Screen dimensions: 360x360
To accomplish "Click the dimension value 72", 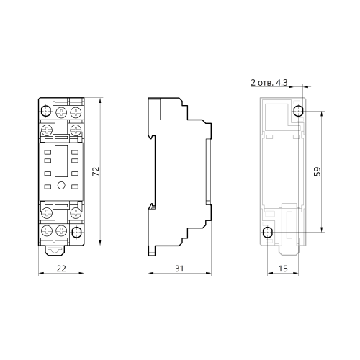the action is [96, 171].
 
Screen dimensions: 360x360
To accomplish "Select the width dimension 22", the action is [61, 269].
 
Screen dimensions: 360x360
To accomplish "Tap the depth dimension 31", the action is [179, 269].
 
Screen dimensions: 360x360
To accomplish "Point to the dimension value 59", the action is [318, 171].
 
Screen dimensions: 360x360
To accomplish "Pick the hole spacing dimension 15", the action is [283, 269].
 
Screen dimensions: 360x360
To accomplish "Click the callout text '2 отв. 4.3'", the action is [269, 83].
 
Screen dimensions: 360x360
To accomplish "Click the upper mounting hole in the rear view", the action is [298, 111].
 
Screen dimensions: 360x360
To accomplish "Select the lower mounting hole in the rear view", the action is [267, 233].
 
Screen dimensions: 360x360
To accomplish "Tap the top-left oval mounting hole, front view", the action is [45, 111].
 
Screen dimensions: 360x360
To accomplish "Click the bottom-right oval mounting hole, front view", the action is [76, 232].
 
